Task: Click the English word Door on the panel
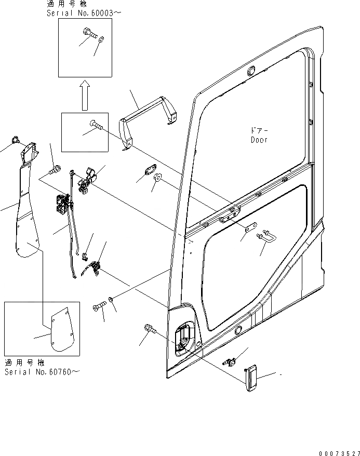pos(258,140)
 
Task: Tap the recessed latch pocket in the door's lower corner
pos(183,341)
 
